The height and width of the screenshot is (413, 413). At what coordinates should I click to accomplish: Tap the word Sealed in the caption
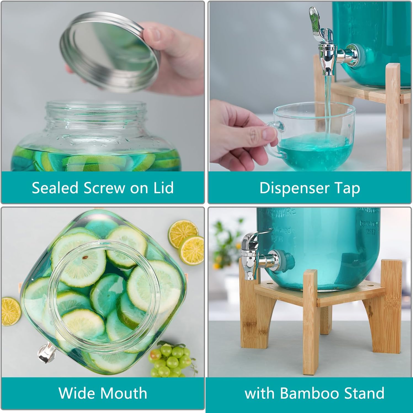tap(55, 188)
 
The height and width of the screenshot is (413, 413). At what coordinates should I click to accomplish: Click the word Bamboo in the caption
tap(309, 393)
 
